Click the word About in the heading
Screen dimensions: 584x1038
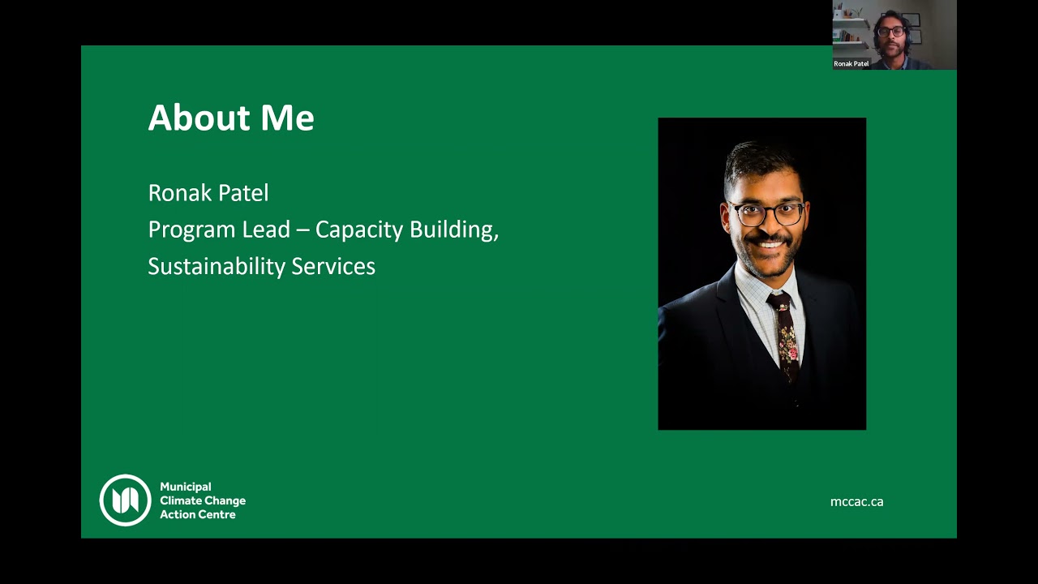click(x=199, y=118)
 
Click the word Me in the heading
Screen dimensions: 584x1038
click(x=287, y=118)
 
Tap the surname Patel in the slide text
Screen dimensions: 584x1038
click(x=242, y=193)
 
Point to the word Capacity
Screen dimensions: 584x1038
click(x=359, y=230)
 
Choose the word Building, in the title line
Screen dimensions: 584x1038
click(x=453, y=230)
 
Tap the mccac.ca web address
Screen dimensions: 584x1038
click(x=856, y=502)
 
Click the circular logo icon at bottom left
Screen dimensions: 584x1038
click(x=125, y=500)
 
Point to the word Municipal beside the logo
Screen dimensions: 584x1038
click(x=186, y=487)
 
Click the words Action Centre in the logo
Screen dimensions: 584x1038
click(x=197, y=515)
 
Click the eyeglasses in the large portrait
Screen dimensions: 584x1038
click(x=766, y=214)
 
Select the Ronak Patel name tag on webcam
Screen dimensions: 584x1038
click(x=851, y=63)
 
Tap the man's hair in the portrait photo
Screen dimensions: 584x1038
click(x=758, y=158)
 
